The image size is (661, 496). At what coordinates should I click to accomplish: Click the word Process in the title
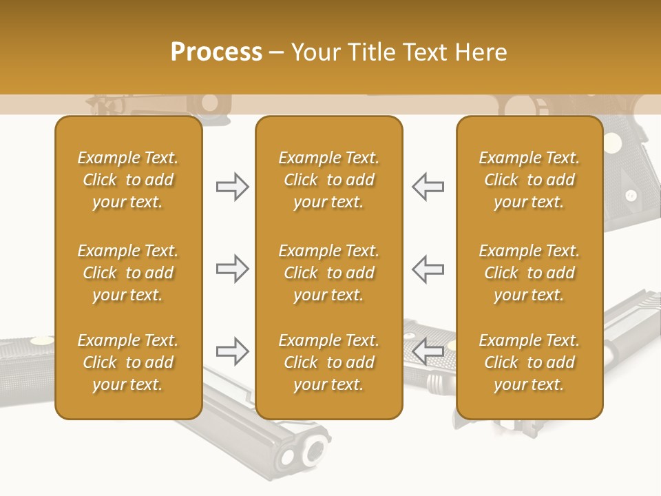[x=216, y=52]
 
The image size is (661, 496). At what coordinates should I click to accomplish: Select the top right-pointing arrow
[x=232, y=187]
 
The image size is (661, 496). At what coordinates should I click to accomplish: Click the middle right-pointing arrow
[x=232, y=269]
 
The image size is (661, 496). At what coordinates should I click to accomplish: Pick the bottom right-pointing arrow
[x=232, y=351]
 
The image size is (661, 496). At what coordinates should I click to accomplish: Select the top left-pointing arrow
[x=428, y=187]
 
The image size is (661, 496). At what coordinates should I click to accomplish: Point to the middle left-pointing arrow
[x=428, y=269]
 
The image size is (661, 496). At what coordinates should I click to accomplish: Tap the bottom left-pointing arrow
[x=428, y=351]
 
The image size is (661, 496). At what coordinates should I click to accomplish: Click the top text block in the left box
[x=128, y=180]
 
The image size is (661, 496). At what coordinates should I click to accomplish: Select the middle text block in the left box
[x=128, y=273]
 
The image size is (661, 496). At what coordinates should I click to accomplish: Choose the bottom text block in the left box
[x=128, y=362]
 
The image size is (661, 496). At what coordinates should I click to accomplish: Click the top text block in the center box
[x=328, y=180]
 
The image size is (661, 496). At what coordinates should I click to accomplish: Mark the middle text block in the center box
[x=328, y=273]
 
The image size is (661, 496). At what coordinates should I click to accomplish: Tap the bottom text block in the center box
[x=328, y=362]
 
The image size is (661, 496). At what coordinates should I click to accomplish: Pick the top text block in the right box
[x=529, y=180]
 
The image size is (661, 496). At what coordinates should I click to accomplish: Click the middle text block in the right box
[x=529, y=273]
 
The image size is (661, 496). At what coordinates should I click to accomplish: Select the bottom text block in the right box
[x=529, y=362]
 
